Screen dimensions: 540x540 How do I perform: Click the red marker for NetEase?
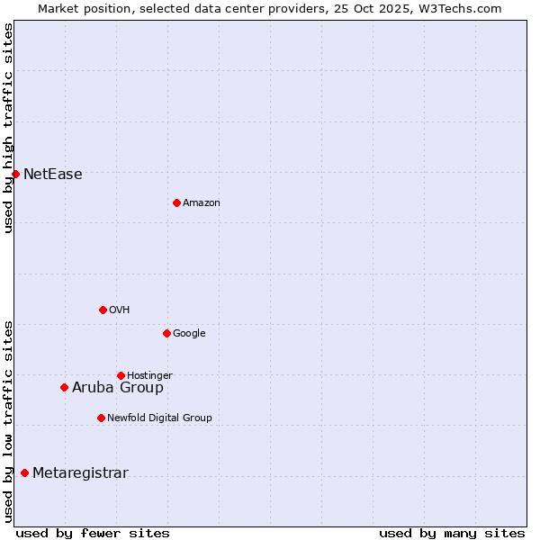15,174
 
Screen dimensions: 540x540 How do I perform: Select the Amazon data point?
176,202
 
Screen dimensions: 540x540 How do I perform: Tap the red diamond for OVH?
103,310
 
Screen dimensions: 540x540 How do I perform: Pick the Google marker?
166,333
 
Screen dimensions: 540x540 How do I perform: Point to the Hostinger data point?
121,375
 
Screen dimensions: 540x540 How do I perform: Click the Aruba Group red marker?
64,387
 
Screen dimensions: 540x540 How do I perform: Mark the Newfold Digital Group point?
101,418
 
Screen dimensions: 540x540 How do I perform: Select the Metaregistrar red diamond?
24,472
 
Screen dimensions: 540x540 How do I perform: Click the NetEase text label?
53,175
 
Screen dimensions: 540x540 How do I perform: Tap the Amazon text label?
202,203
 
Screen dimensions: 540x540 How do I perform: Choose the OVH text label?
120,310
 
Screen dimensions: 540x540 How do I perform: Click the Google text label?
189,334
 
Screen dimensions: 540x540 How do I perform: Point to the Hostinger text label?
149,376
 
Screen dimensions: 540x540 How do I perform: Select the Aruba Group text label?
118,388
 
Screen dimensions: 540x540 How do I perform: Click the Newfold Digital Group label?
159,418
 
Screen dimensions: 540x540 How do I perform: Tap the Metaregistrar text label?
80,473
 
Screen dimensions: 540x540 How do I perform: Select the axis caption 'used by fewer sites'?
93,533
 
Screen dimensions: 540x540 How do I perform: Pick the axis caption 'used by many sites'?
452,533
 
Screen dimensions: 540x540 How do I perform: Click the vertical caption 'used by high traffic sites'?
9,128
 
